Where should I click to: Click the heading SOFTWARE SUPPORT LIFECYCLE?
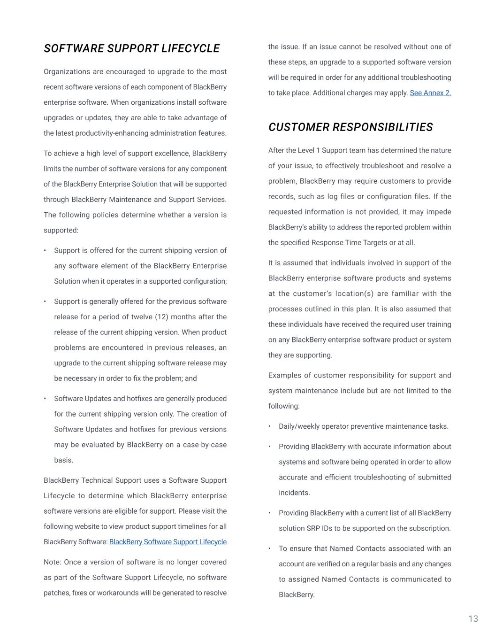[131, 49]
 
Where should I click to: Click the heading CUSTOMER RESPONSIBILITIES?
[350, 127]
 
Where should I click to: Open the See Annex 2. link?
[430, 93]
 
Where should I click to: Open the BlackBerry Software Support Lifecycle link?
[168, 542]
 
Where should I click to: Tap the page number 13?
[473, 619]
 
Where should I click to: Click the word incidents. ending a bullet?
[294, 493]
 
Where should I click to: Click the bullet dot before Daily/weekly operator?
[270, 426]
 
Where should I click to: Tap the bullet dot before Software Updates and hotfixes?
[45, 399]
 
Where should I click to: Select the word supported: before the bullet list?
[61, 230]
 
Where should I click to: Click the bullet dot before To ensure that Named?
[270, 548]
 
